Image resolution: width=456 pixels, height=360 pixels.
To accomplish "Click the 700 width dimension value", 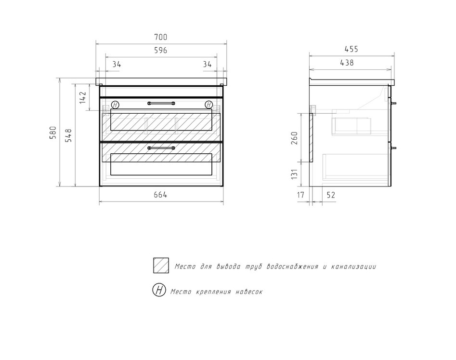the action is coord(160,37).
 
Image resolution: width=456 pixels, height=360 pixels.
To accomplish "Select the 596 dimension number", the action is coord(160,50).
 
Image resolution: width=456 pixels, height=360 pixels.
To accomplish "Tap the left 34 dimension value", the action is coord(117,64).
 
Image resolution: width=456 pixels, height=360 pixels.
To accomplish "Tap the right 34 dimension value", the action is coord(208,64).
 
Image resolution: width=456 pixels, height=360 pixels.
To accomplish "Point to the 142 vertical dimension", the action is coord(83,97).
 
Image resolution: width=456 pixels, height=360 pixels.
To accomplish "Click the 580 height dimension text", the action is coord(53,133).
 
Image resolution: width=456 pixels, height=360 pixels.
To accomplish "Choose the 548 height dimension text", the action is coord(69,135).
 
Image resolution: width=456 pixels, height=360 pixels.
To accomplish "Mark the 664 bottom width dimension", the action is coord(160,195).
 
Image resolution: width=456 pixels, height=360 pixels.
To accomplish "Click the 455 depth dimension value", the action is coord(352,49).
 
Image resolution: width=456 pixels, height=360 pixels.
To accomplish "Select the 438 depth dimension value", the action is coord(347,63).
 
